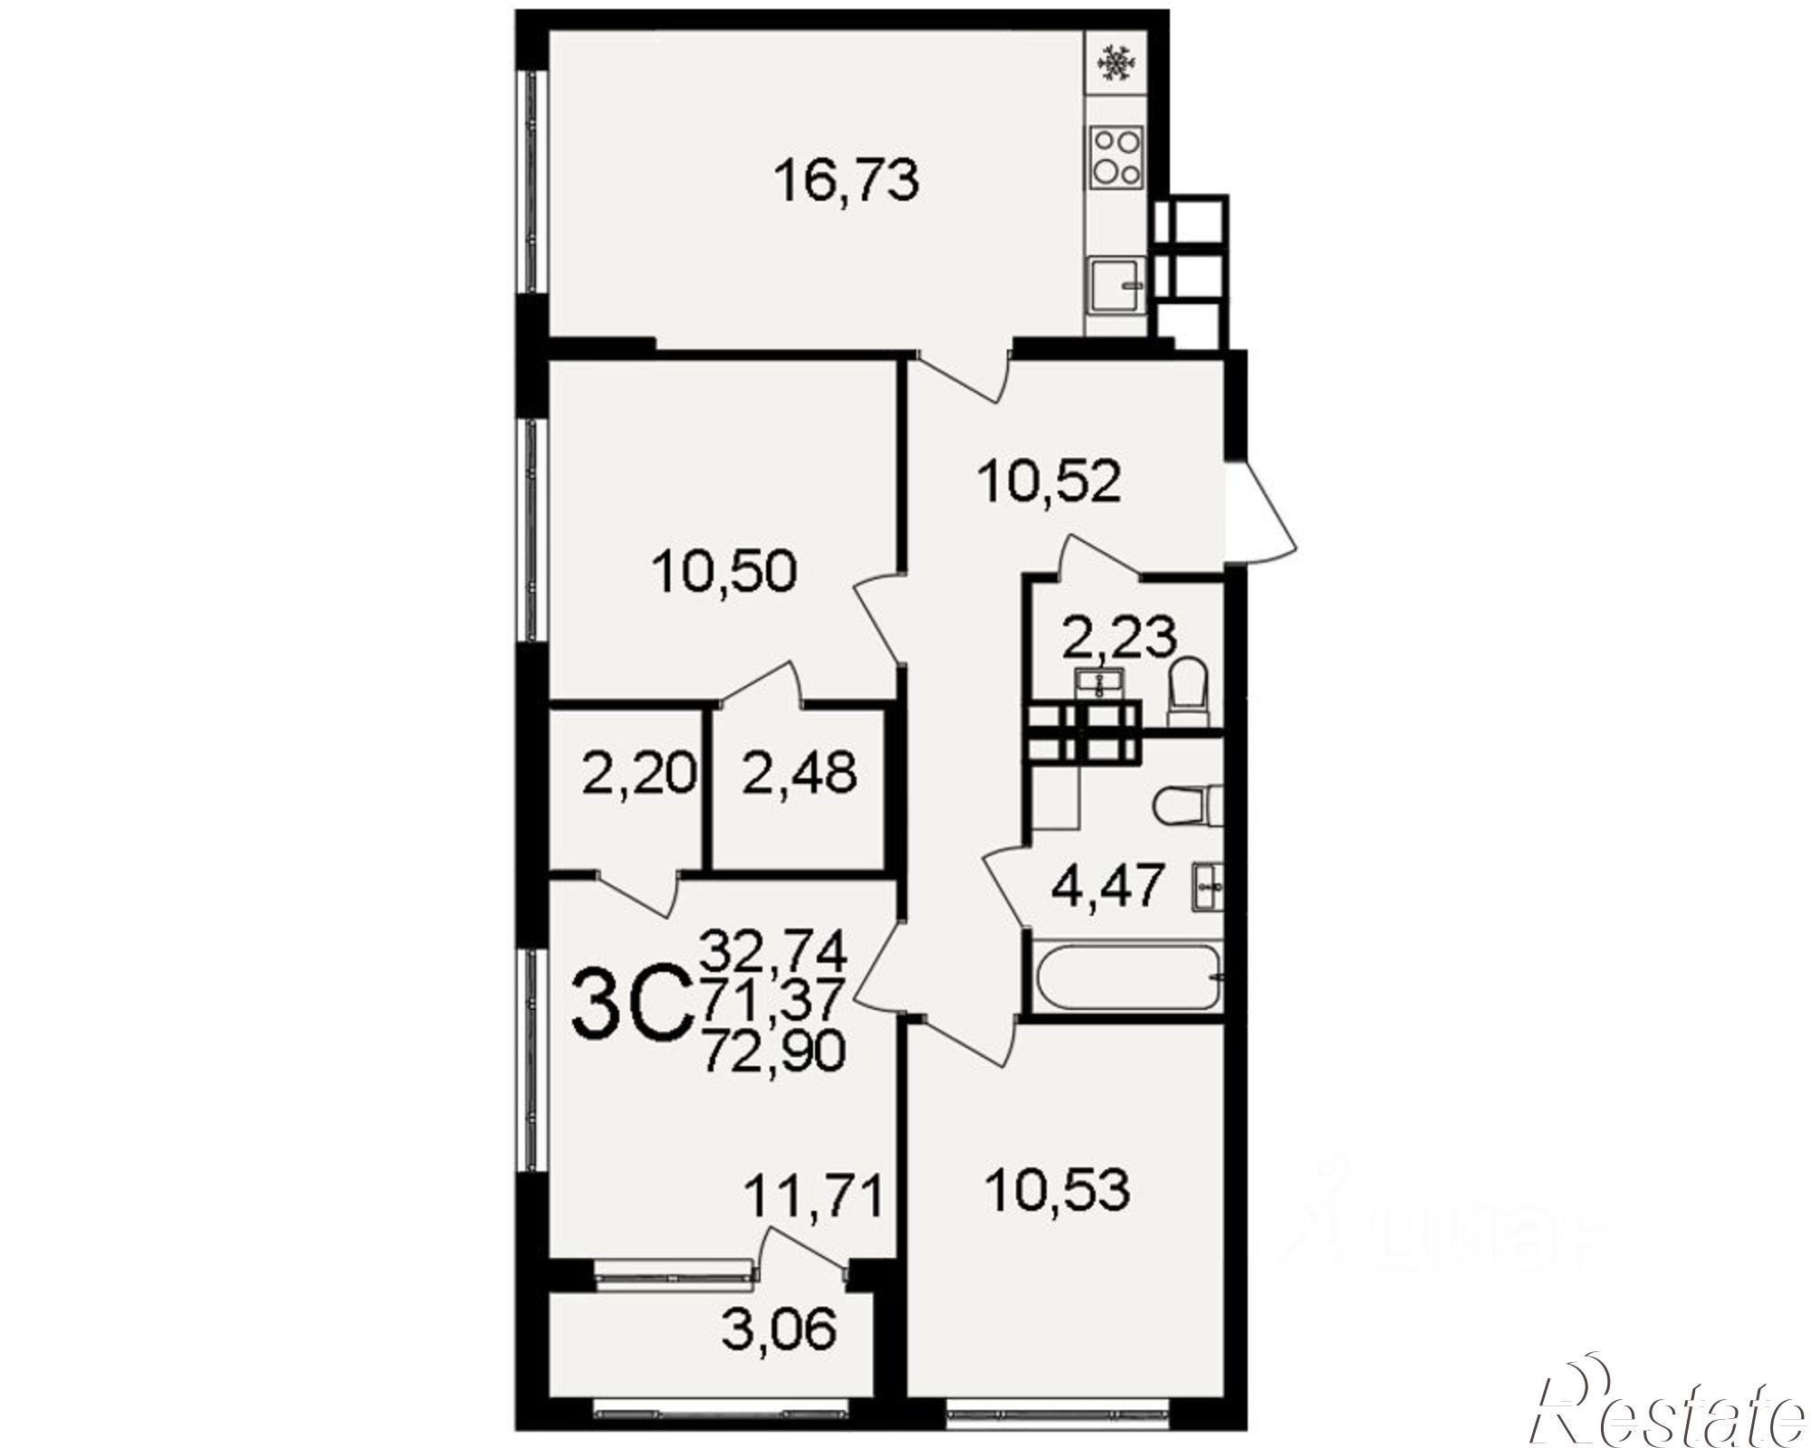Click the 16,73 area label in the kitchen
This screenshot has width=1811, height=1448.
coord(847,181)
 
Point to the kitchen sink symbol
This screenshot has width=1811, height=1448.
coord(1118,284)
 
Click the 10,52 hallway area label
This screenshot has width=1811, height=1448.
coord(1049,481)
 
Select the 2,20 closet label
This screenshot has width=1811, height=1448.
coord(639,774)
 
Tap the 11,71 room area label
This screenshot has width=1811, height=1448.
coord(813,1198)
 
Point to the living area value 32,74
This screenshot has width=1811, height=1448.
coord(774,951)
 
